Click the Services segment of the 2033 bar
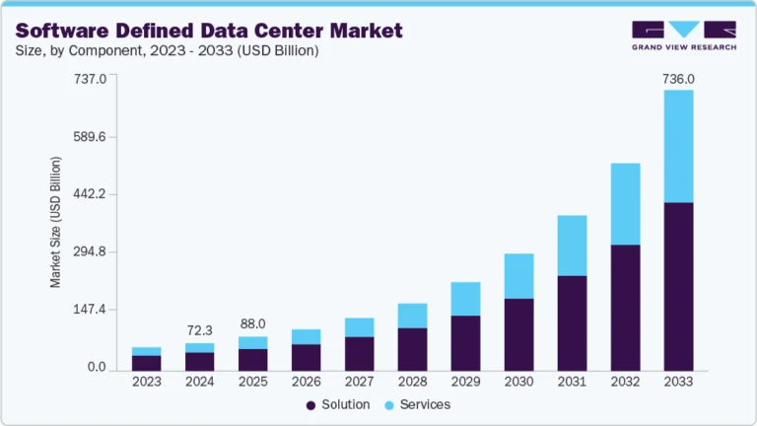pyautogui.click(x=678, y=146)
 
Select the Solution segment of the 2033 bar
pyautogui.click(x=678, y=286)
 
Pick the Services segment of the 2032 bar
pyautogui.click(x=625, y=204)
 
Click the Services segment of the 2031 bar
pyautogui.click(x=572, y=246)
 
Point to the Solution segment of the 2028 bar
pyautogui.click(x=412, y=348)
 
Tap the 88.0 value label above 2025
pyautogui.click(x=252, y=322)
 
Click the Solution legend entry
pyautogui.click(x=339, y=404)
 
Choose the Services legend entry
pyautogui.click(x=420, y=404)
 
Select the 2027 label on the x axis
pyautogui.click(x=359, y=382)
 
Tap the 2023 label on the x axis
pyautogui.click(x=146, y=382)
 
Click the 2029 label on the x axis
pyautogui.click(x=465, y=382)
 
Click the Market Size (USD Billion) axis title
pyautogui.click(x=56, y=222)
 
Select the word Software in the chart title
pyautogui.click(x=68, y=31)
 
